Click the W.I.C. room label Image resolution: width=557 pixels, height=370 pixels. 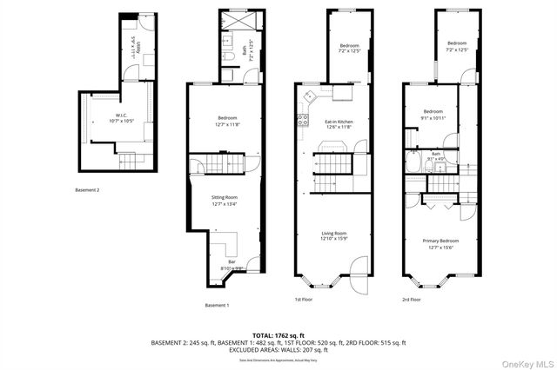click(x=122, y=117)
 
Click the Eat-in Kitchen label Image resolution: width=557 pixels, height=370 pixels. click(x=338, y=124)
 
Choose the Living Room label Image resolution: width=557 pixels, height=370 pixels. click(x=335, y=235)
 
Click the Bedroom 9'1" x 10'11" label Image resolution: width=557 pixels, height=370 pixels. click(x=433, y=114)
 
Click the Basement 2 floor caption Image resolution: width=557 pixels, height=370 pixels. click(x=87, y=189)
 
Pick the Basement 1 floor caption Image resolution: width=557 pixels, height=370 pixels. click(x=217, y=306)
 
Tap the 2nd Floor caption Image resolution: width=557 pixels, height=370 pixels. click(x=413, y=300)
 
